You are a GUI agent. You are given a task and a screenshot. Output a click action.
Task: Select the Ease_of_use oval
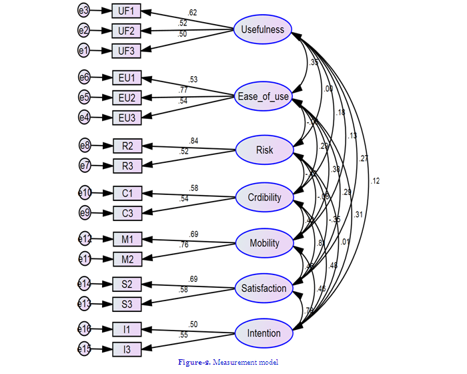[264, 97]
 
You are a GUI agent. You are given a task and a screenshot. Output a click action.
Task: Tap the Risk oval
[264, 150]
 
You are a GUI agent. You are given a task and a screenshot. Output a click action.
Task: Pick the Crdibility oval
[264, 197]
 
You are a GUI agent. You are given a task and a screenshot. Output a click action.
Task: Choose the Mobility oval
[264, 243]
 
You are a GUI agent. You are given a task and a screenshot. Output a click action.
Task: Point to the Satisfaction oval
[264, 289]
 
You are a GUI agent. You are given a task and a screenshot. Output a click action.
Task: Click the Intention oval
[264, 333]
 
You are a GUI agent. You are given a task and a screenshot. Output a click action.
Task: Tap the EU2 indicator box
[127, 98]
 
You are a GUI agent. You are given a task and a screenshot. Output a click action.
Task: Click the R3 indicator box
[127, 165]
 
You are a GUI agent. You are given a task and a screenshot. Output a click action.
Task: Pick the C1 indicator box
[127, 194]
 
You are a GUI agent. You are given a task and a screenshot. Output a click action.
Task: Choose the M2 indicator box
[127, 259]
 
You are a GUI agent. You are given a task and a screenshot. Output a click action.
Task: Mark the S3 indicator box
[127, 305]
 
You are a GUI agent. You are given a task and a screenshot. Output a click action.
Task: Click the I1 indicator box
[127, 329]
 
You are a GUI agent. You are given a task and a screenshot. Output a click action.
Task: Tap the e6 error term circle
[83, 78]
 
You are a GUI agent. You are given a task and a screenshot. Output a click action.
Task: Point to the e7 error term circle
[83, 165]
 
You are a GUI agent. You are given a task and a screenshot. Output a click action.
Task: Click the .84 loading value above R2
[194, 141]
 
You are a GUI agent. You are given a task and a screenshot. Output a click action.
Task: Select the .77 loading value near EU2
[183, 90]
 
